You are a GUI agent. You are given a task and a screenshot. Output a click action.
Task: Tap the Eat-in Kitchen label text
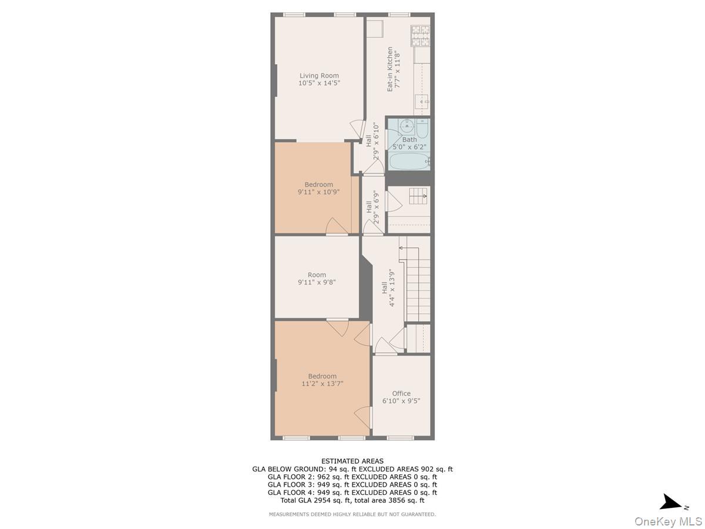coord(390,69)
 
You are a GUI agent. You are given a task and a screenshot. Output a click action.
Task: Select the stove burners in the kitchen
coord(421,36)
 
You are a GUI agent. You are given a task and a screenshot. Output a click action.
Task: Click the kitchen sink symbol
coord(422,102)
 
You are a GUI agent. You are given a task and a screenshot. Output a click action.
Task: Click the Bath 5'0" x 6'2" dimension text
coord(409,147)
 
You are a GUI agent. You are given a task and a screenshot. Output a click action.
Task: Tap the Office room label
coord(401,393)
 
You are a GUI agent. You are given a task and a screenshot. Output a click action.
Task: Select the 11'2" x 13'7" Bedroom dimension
coord(322,383)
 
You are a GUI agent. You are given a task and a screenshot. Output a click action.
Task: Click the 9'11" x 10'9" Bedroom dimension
coord(318,192)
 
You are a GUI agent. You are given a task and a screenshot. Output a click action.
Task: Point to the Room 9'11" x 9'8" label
coord(317,279)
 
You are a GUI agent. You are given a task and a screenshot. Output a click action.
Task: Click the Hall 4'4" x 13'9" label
coord(388,288)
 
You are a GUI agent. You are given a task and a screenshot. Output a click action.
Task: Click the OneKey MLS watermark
coord(668,521)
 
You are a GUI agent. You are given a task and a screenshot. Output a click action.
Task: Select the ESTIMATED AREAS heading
coord(352,461)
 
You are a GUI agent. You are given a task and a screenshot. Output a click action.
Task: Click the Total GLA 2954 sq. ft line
coord(352,500)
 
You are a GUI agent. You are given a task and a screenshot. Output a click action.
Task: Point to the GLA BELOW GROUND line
coord(352,469)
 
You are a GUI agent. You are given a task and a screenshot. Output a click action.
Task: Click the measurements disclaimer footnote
coord(352,514)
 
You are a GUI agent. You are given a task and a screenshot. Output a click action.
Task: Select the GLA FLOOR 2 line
coord(352,477)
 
